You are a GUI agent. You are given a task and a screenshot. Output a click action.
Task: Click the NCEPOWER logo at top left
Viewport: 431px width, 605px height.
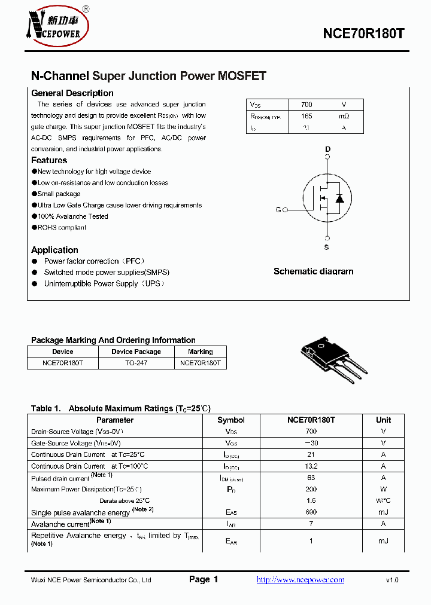57,26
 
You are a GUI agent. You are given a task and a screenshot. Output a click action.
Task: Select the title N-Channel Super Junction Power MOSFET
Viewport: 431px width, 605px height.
148,76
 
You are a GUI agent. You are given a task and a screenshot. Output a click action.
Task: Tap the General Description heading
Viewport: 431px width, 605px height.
72,93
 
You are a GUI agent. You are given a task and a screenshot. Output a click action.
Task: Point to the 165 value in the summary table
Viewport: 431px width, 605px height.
306,116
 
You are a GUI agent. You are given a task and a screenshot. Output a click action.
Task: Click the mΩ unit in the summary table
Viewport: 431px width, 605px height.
344,116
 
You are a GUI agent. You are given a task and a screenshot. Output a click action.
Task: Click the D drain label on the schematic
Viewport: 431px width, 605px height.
327,149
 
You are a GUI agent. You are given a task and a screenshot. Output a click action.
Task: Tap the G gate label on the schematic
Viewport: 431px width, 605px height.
278,210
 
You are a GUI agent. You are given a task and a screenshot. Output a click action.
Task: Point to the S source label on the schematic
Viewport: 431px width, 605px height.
327,247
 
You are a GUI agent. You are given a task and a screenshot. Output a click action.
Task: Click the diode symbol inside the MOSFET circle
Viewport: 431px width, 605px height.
339,198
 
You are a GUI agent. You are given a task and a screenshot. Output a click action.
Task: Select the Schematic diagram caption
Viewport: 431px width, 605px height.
313,271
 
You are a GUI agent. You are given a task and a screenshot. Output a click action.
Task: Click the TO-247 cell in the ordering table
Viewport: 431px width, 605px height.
136,363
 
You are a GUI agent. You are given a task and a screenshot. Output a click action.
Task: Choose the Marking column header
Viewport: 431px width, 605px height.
200,352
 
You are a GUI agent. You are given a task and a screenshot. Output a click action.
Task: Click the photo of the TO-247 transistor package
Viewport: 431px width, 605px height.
332,359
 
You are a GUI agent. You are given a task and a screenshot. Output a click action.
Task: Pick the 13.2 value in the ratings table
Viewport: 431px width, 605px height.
311,466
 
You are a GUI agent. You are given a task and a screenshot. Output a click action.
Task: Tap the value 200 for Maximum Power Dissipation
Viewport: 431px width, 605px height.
311,489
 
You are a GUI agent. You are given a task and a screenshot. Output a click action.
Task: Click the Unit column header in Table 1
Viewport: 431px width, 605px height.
383,420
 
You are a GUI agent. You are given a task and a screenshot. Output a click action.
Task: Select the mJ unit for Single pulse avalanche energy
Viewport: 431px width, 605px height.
383,512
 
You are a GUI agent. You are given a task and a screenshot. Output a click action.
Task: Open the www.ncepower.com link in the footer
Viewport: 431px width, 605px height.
301,580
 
